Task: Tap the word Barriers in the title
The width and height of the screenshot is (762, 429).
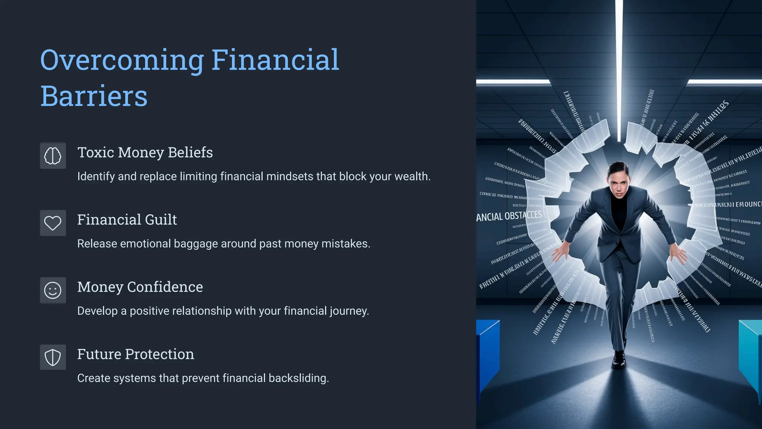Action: [94, 96]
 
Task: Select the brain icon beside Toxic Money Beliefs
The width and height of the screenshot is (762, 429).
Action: [53, 156]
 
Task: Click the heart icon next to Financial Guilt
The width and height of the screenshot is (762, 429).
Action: [53, 223]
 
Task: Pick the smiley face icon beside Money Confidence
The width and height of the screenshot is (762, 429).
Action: [53, 290]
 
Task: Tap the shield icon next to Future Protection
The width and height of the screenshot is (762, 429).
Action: [53, 357]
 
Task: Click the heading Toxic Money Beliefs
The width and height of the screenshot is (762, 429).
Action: [145, 152]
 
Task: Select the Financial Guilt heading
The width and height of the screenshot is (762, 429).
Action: [127, 220]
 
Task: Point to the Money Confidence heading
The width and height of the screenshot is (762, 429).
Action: [140, 287]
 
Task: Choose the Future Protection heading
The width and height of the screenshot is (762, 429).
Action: [135, 354]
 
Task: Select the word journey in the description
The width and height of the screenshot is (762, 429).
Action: [349, 311]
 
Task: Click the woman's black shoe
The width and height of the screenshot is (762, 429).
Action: [618, 359]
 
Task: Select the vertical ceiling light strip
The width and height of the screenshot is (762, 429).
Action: [619, 67]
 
